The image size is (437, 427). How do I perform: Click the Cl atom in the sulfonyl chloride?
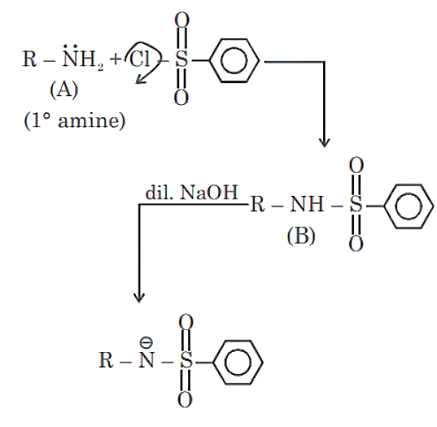point(139,59)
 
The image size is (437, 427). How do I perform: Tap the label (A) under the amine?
point(64,90)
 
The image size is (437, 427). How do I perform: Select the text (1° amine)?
point(74,121)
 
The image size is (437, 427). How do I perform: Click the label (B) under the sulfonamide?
point(301,236)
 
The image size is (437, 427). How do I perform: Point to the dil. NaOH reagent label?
point(192,192)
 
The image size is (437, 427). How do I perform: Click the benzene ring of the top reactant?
point(234,61)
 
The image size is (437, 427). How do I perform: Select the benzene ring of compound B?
point(408,206)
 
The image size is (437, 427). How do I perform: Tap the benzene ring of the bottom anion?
point(237,363)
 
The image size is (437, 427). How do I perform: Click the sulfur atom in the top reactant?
point(181,59)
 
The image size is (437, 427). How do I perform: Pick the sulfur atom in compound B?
point(356,204)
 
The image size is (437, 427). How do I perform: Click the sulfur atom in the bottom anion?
point(186,360)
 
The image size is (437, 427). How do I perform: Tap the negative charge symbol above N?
point(147,342)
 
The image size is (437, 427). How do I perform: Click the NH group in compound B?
point(307,204)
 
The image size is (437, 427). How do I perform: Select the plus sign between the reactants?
point(116,59)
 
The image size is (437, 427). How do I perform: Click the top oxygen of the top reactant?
point(182,19)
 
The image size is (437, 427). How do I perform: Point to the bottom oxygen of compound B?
point(356,243)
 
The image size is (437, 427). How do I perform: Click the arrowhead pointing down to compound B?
point(324,142)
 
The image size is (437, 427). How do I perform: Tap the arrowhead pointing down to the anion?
point(139,297)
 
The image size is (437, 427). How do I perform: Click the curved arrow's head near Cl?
point(139,80)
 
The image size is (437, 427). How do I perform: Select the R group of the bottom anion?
point(106,360)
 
